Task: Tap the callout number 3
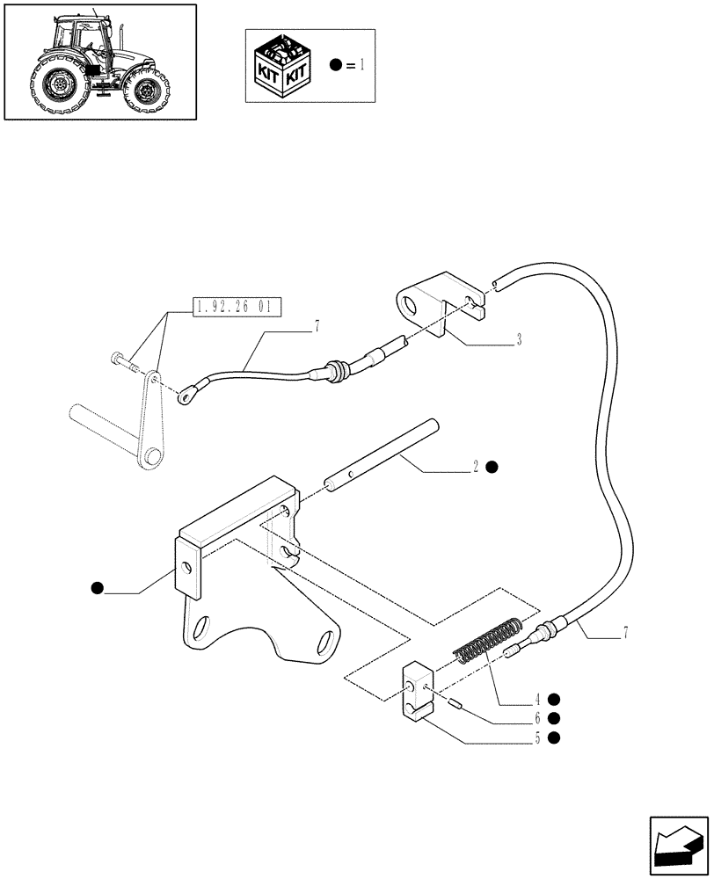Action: [x=519, y=338]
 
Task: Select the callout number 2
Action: [x=476, y=467]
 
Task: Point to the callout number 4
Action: [x=535, y=700]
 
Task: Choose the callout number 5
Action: [x=535, y=737]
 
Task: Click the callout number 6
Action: [x=535, y=718]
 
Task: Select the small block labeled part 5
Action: [x=417, y=694]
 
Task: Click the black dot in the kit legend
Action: [x=336, y=65]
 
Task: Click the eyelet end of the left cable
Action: [x=186, y=397]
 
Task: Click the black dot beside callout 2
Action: [x=493, y=467]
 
